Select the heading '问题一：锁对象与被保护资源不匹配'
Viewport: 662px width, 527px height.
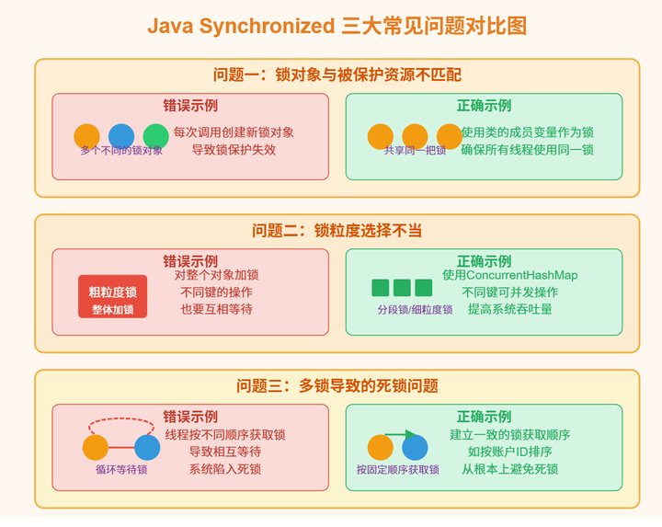337,75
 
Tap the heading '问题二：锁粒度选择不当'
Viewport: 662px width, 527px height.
337,231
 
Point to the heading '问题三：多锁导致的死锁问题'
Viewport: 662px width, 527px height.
337,386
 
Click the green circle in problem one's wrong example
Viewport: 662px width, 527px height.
156,137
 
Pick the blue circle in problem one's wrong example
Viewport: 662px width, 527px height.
121,136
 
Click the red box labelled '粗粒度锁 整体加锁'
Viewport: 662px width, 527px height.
112,297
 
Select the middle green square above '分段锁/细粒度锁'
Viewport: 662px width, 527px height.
402,288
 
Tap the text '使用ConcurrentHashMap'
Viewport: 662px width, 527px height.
510,274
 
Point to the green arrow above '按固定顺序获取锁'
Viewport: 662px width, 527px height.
400,434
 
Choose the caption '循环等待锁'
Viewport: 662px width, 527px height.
121,469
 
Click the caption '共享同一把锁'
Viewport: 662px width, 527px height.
415,151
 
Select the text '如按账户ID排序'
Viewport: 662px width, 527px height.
510,452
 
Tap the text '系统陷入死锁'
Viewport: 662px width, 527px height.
225,469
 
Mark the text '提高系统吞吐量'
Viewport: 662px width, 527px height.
510,309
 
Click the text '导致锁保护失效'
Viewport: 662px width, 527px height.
234,150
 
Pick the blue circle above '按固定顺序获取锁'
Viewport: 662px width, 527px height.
415,448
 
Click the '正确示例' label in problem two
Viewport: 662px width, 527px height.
484,261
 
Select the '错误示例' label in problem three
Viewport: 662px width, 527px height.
190,417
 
